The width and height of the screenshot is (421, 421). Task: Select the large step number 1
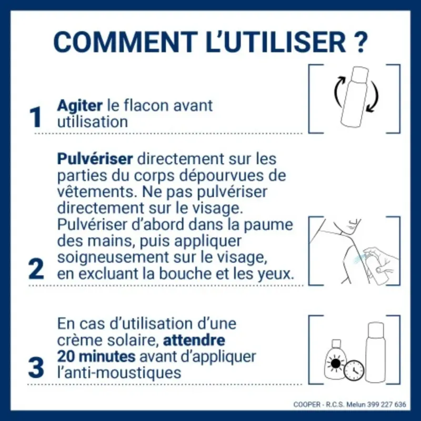point(36,117)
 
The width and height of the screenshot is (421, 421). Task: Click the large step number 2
point(36,268)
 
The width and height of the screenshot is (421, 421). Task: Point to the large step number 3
point(36,368)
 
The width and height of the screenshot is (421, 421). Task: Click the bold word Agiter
point(79,105)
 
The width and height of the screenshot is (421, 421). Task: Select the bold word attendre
point(194,339)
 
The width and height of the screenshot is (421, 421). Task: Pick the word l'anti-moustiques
point(118,373)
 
